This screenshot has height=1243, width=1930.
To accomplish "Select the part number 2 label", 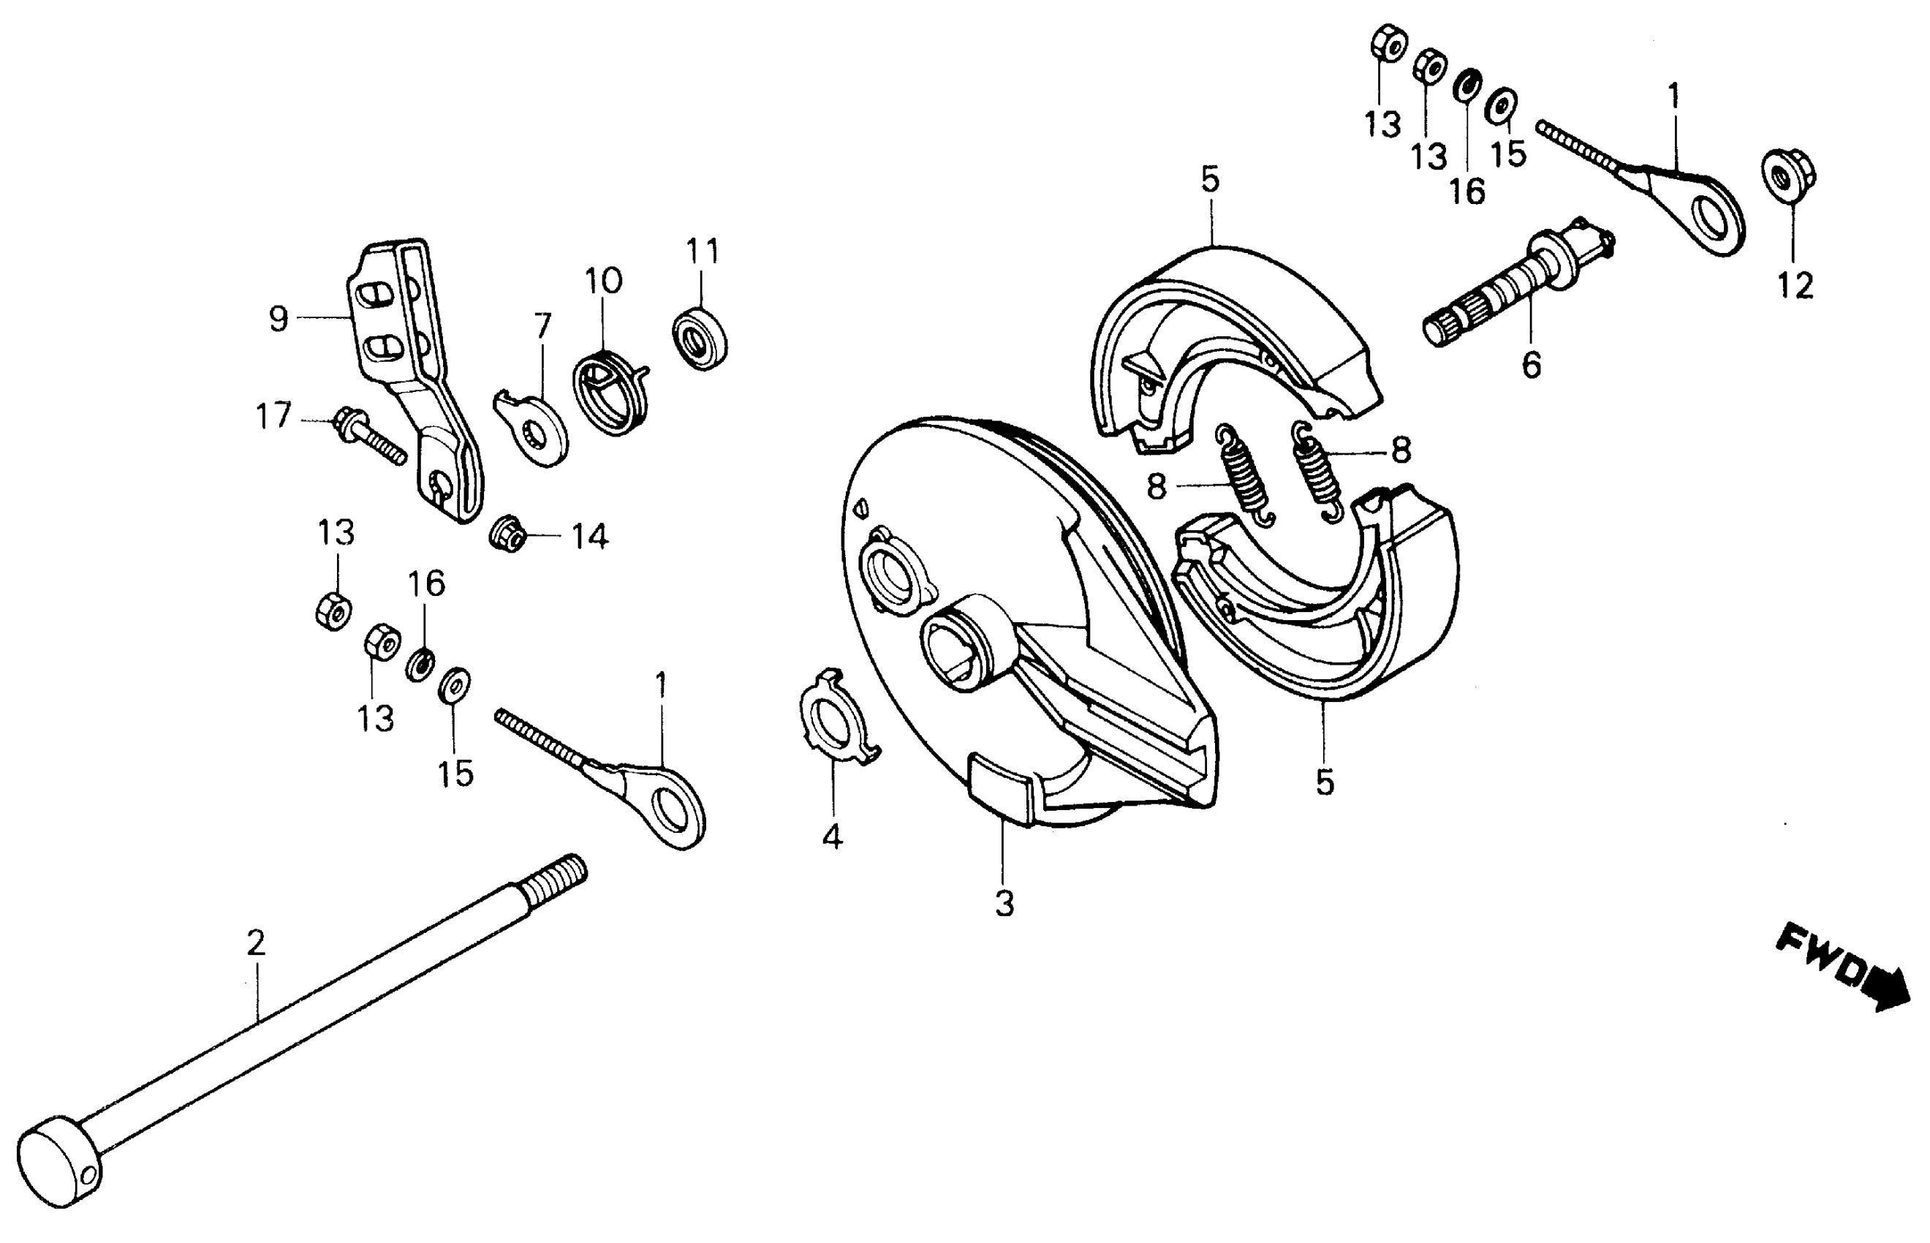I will pyautogui.click(x=255, y=942).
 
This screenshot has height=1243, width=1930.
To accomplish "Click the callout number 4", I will pyautogui.click(x=832, y=837).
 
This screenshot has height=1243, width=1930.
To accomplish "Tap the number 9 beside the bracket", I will pyautogui.click(x=279, y=319).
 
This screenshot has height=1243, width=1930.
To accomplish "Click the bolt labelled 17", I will pyautogui.click(x=367, y=437).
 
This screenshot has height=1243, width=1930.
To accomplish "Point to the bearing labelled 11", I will pyautogui.click(x=700, y=337).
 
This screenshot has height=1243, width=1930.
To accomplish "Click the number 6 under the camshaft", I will pyautogui.click(x=1531, y=365).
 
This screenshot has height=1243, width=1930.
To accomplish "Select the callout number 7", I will pyautogui.click(x=542, y=325).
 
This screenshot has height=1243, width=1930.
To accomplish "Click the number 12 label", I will pyautogui.click(x=1795, y=285).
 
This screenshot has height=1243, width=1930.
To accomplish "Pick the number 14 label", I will pyautogui.click(x=590, y=536).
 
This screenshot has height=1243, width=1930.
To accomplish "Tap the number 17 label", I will pyautogui.click(x=273, y=417).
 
